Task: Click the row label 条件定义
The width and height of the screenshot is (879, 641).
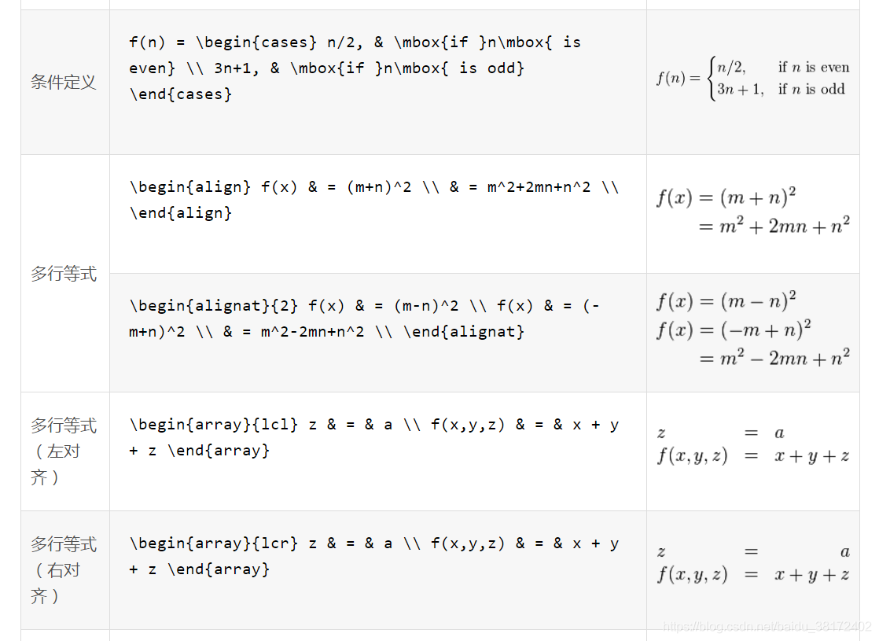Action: [x=64, y=82]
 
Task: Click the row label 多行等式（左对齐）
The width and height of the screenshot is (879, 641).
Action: [x=64, y=451]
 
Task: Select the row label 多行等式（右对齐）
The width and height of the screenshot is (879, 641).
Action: [x=64, y=570]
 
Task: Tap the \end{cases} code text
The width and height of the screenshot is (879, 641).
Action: [x=181, y=94]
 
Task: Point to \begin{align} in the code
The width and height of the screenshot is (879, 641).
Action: [x=190, y=187]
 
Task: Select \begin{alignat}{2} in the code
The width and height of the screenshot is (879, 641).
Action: [x=215, y=306]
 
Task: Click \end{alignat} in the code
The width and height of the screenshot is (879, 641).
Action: [x=464, y=332]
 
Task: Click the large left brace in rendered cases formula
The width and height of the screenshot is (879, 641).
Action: [x=711, y=79]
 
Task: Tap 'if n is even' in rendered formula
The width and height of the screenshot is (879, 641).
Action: [x=813, y=68]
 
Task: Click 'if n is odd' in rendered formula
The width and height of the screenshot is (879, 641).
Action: [x=811, y=90]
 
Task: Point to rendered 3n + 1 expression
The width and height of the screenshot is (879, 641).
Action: [x=739, y=90]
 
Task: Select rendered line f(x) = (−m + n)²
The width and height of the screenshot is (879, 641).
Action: [x=733, y=329]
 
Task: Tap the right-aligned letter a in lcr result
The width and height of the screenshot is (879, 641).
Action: [x=844, y=552]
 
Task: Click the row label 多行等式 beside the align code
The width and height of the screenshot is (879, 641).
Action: [x=64, y=274]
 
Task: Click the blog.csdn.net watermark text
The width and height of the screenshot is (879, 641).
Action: [x=766, y=627]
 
